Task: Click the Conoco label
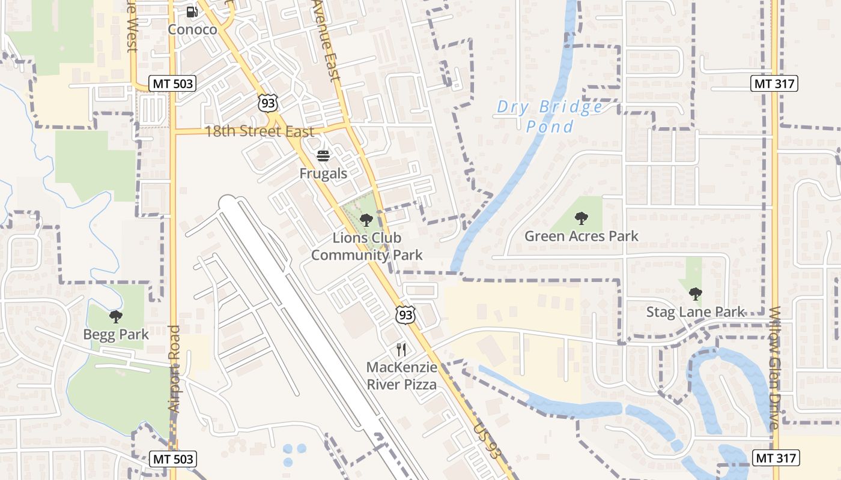tap(192, 29)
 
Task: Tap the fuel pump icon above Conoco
tap(192, 11)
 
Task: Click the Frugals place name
tap(323, 174)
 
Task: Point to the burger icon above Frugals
tap(323, 157)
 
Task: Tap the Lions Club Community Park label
tap(366, 247)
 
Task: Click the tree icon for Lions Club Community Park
tap(366, 220)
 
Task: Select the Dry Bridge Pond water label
tap(550, 116)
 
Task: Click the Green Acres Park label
tap(581, 236)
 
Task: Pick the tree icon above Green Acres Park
tap(581, 218)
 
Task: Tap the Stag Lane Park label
tap(696, 312)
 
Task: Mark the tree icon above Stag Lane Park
tap(695, 294)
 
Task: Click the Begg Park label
tap(116, 334)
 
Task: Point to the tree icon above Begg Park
tap(116, 316)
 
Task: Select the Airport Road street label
tap(174, 368)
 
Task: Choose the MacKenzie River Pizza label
tap(401, 376)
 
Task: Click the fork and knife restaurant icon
tap(401, 350)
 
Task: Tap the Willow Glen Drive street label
tap(774, 367)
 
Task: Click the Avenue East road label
tap(327, 40)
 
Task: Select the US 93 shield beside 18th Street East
tap(268, 103)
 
